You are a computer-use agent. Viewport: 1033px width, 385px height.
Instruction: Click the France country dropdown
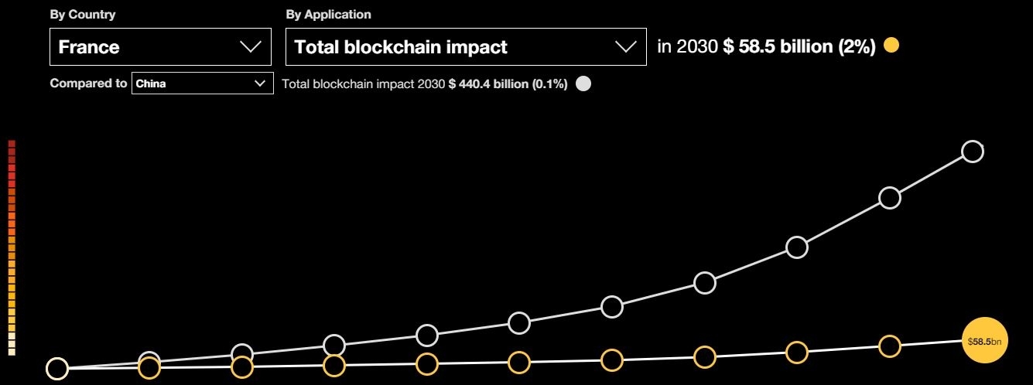(160, 47)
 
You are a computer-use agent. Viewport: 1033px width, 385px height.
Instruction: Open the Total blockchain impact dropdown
(465, 47)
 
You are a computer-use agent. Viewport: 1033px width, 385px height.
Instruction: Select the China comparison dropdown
(202, 83)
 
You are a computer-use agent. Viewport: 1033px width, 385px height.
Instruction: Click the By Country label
(83, 15)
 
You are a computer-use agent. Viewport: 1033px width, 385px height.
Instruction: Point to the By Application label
(328, 15)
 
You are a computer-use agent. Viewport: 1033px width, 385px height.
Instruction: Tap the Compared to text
(88, 83)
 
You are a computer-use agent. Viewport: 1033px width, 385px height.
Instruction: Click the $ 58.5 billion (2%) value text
(799, 47)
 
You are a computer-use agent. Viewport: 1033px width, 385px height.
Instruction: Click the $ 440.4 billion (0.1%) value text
(508, 84)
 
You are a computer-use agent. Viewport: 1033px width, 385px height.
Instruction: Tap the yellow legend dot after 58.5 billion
(891, 46)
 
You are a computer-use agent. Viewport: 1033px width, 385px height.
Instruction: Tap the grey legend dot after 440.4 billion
(584, 84)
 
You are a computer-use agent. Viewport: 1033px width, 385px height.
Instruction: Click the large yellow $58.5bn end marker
(984, 340)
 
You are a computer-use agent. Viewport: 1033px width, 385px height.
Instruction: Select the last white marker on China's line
(973, 152)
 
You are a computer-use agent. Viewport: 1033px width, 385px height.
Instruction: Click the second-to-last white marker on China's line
(890, 198)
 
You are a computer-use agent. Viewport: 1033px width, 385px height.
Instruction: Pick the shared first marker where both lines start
(56, 369)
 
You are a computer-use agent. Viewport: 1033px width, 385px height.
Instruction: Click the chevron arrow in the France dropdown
(251, 47)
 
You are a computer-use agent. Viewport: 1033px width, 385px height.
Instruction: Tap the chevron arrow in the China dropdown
(260, 84)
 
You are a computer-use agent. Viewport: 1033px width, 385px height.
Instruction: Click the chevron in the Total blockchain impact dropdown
(625, 47)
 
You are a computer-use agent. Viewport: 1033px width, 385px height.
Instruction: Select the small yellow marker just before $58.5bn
(890, 346)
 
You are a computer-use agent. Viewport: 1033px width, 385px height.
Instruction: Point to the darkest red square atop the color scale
(12, 144)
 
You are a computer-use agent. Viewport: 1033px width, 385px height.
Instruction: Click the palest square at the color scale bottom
(12, 352)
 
